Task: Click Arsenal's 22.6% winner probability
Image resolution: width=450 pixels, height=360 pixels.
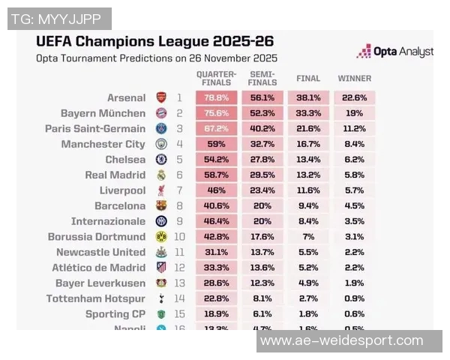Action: point(354,97)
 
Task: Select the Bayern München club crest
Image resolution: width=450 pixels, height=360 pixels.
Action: point(160,113)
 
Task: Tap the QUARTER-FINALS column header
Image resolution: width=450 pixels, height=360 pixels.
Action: point(216,78)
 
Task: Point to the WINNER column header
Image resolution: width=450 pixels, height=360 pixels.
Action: point(354,78)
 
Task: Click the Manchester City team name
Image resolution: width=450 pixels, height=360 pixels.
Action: point(103,144)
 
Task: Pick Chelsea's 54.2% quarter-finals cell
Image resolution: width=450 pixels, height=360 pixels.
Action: point(216,160)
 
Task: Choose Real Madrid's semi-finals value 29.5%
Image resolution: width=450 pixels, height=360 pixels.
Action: point(262,175)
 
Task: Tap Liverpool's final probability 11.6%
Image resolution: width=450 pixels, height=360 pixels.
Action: point(308,190)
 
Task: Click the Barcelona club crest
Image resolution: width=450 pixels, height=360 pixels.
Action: point(160,205)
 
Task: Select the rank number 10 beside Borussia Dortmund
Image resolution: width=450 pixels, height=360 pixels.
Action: point(179,237)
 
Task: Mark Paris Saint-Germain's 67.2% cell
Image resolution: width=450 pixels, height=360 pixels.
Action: point(216,128)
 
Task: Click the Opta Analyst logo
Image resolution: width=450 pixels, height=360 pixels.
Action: point(395,51)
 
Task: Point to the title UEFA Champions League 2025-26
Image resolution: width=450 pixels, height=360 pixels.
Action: point(154,40)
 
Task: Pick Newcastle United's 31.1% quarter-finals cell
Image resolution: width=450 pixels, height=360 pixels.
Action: point(216,252)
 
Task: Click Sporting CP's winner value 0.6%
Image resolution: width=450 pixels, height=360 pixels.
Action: point(354,314)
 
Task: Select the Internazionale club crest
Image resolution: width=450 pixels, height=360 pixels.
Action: point(160,221)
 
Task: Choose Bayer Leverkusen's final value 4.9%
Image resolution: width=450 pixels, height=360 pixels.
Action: point(308,283)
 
